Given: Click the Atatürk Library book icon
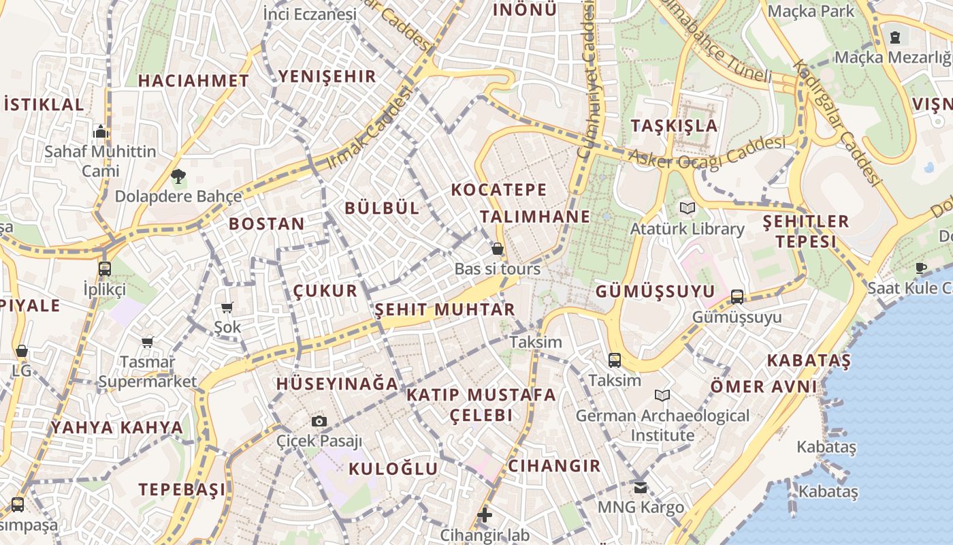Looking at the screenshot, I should [687, 208].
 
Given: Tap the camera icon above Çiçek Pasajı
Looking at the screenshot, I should [319, 421].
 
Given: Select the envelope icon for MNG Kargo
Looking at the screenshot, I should [640, 487].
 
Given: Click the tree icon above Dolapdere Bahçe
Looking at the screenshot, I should [178, 176].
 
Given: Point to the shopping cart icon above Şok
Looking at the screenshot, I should [227, 308].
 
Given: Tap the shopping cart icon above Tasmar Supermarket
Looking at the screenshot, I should [147, 342].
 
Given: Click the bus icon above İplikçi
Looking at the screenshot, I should [104, 268].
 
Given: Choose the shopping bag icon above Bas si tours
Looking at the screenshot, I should [498, 249].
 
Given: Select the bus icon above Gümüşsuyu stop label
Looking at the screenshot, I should [737, 296].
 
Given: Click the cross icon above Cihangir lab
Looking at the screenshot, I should [484, 515].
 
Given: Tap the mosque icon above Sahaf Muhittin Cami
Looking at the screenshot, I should [101, 131].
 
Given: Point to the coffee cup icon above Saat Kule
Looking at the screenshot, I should [921, 268].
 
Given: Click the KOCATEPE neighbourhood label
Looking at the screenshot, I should [498, 189].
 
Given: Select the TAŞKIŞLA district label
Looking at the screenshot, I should [674, 125].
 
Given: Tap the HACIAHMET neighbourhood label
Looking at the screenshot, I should [193, 80].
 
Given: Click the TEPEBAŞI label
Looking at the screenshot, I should [182, 489].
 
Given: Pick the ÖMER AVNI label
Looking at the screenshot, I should [763, 387].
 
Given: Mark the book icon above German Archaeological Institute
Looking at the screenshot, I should [662, 395].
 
